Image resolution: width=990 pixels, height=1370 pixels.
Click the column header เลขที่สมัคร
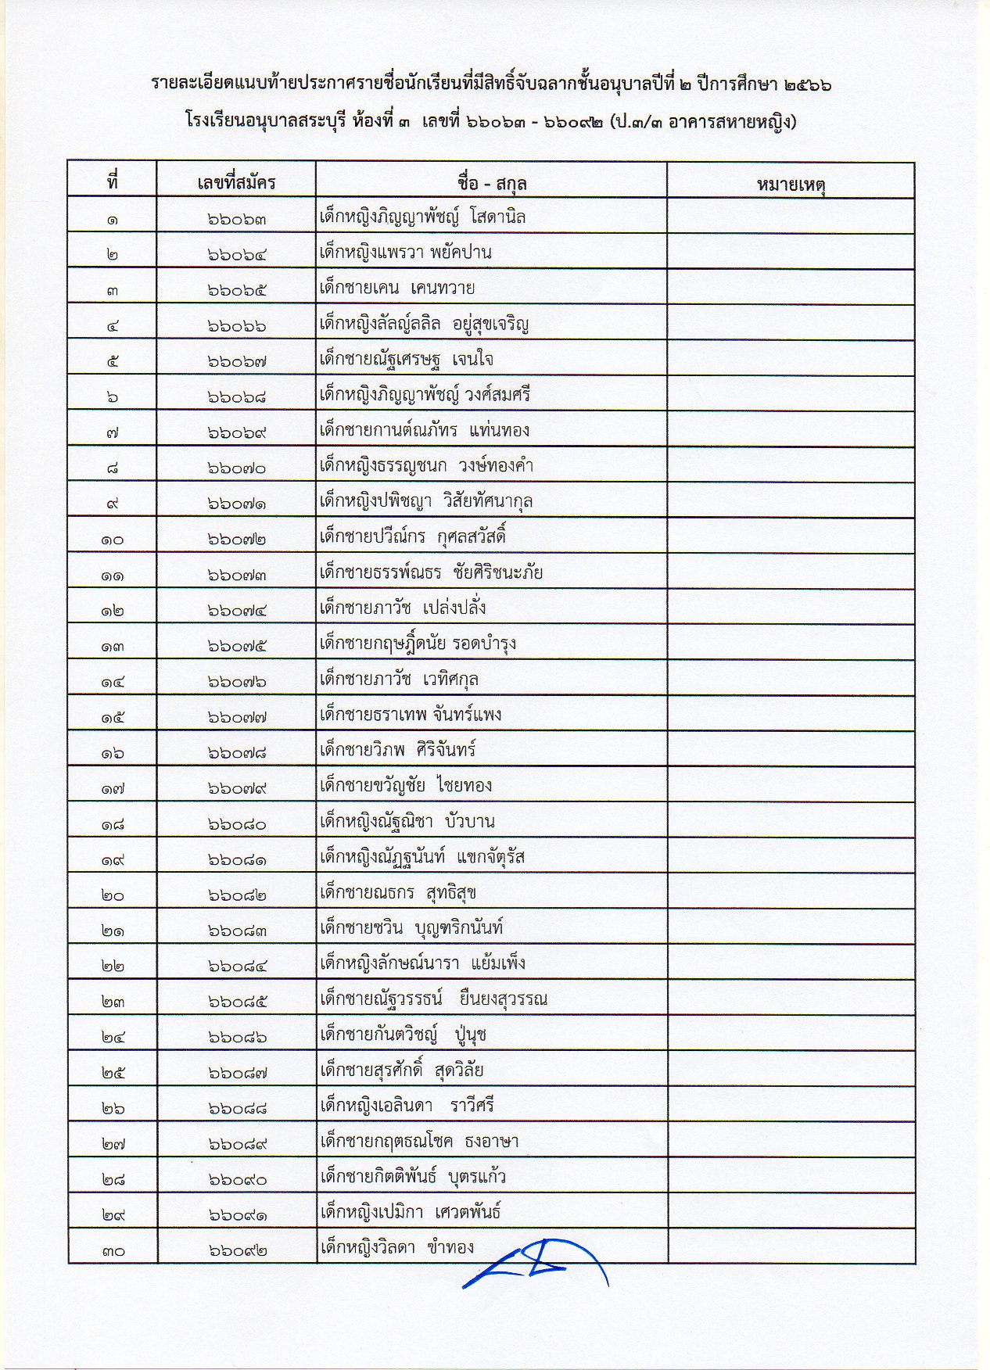pos(236,183)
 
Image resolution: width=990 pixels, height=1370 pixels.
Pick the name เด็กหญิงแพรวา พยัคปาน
pos(405,253)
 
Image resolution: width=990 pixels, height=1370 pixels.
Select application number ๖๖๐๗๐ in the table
pos(237,468)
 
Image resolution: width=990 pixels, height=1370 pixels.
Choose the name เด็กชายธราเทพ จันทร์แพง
pos(411,715)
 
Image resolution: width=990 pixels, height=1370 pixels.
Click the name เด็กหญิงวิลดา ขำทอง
pos(396,1247)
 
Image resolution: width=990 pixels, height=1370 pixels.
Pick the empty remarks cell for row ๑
pos(791,217)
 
